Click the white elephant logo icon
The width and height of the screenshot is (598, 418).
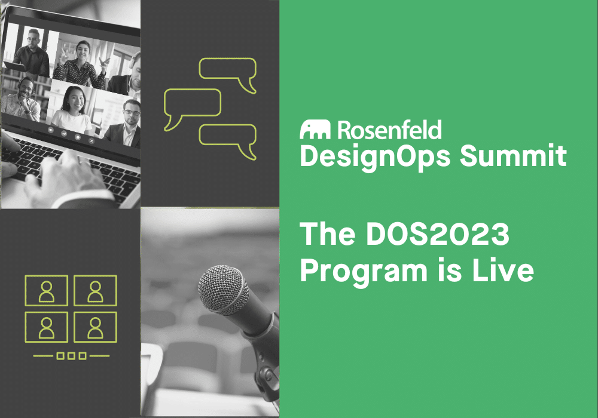coord(316,129)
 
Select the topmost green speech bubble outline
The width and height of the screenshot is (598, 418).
coord(228,70)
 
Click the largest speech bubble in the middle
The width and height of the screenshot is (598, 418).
coord(192,104)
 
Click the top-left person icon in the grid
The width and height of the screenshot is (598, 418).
coord(46,291)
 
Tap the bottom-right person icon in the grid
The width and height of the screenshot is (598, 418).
coord(95,327)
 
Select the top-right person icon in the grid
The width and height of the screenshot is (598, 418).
coord(95,291)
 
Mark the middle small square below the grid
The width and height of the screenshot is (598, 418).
coord(71,356)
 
